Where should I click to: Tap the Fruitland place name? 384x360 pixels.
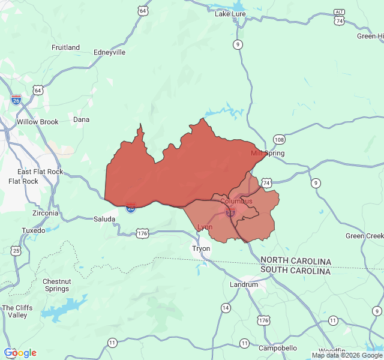pos(65,47)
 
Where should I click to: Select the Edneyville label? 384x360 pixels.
pos(110,52)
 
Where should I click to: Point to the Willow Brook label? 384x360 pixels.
pos(38,122)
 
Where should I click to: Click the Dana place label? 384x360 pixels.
pos(81,119)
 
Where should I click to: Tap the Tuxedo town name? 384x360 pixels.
pos(33,230)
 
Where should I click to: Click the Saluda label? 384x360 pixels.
pos(105,219)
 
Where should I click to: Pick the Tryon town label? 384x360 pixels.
pos(201,248)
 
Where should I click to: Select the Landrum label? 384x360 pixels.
pos(245,284)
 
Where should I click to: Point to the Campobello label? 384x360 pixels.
pos(277,348)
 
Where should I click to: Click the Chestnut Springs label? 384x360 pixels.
pos(56,285)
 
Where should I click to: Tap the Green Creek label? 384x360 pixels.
pos(364,236)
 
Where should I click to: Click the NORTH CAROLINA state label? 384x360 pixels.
pos(295,262)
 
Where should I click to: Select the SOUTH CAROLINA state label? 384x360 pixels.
pos(295,271)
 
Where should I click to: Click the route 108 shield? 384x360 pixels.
pos(279,139)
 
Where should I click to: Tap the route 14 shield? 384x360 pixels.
pos(225,308)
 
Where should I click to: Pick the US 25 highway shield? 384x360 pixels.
pos(16,250)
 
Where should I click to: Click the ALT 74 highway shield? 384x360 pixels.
pos(340,17)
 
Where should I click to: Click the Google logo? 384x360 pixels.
pos(20,353)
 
